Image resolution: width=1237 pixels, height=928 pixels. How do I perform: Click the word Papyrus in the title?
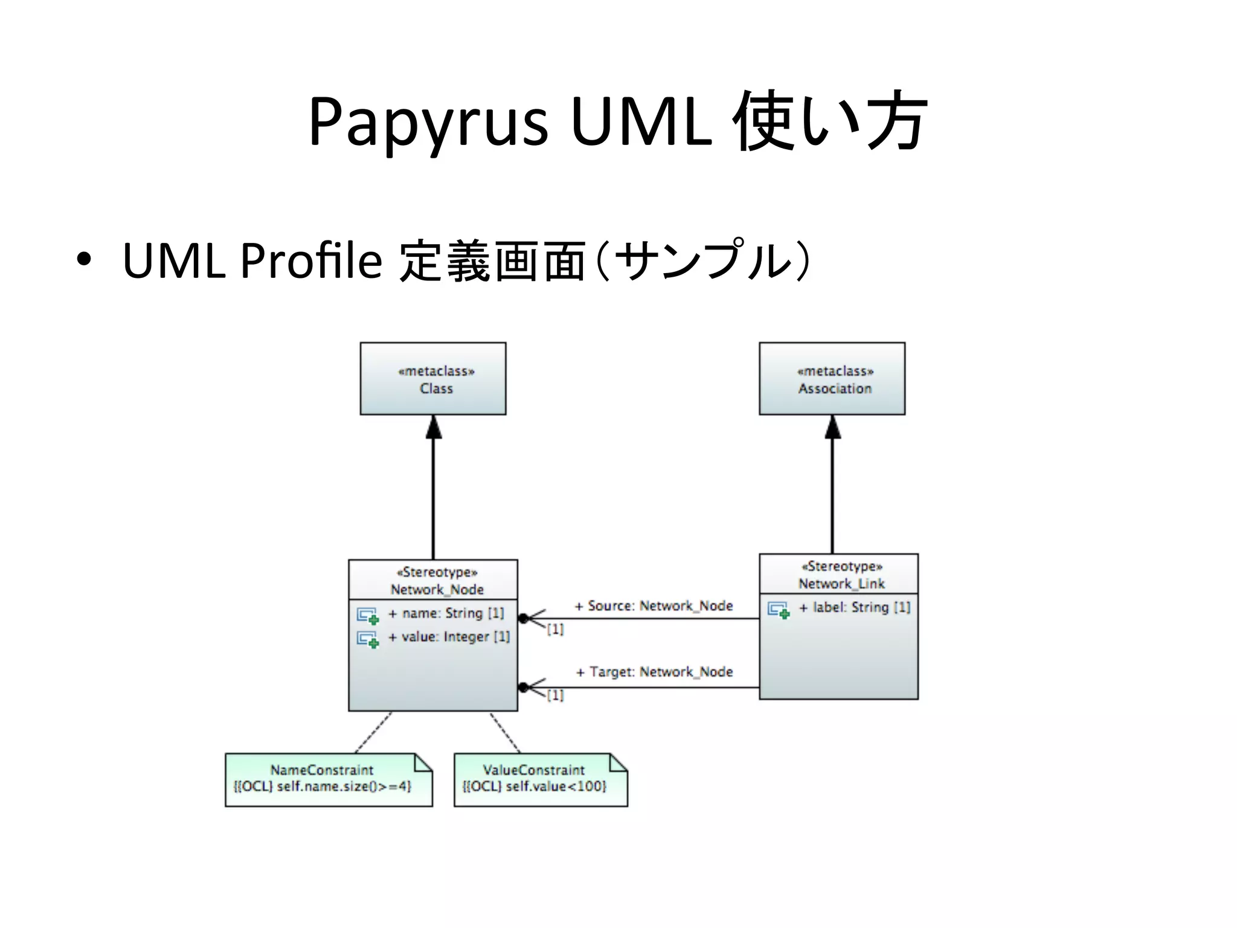pyautogui.click(x=428, y=122)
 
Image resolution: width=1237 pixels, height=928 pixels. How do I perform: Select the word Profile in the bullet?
pyautogui.click(x=310, y=261)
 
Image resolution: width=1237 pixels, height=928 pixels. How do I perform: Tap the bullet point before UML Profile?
pyautogui.click(x=84, y=260)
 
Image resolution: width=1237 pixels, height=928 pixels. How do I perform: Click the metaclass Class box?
pyautogui.click(x=432, y=379)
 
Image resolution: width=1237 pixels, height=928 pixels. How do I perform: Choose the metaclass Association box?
pyautogui.click(x=832, y=379)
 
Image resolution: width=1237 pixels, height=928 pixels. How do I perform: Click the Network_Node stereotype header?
pyautogui.click(x=433, y=580)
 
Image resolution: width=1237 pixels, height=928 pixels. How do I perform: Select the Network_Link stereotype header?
pyautogui.click(x=838, y=575)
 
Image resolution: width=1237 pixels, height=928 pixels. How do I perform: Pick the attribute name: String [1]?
pyautogui.click(x=446, y=613)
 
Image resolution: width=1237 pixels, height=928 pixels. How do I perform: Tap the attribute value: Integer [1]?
pyautogui.click(x=449, y=637)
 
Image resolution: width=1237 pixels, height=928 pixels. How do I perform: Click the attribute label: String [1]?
pyautogui.click(x=854, y=607)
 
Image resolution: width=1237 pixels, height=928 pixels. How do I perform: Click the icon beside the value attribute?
pyautogui.click(x=367, y=639)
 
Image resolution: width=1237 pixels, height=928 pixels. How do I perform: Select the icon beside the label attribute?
pyautogui.click(x=778, y=610)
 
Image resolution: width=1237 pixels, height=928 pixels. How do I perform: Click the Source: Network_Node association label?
pyautogui.click(x=654, y=605)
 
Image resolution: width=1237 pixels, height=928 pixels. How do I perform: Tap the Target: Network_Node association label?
pyautogui.click(x=654, y=672)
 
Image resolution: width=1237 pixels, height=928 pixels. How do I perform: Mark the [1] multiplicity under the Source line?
pyautogui.click(x=555, y=630)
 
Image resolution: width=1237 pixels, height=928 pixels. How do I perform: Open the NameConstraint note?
pyautogui.click(x=328, y=779)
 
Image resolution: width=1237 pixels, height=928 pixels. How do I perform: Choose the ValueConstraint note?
pyautogui.click(x=540, y=779)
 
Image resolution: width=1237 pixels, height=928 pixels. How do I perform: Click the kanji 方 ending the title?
pyautogui.click(x=896, y=121)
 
